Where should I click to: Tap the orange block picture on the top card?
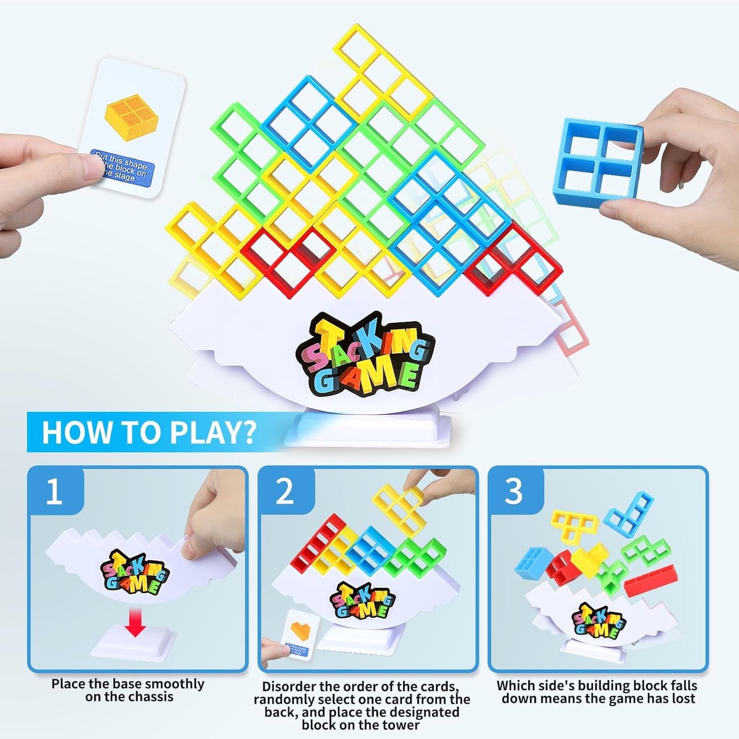click(x=131, y=116)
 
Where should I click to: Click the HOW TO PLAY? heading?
click(x=148, y=432)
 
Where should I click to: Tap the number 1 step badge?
click(x=54, y=491)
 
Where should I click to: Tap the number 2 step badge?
click(x=285, y=491)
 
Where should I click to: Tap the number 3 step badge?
click(x=514, y=491)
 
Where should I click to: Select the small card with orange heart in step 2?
click(x=300, y=634)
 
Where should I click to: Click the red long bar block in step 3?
click(x=650, y=578)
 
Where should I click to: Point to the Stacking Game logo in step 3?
click(x=599, y=620)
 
